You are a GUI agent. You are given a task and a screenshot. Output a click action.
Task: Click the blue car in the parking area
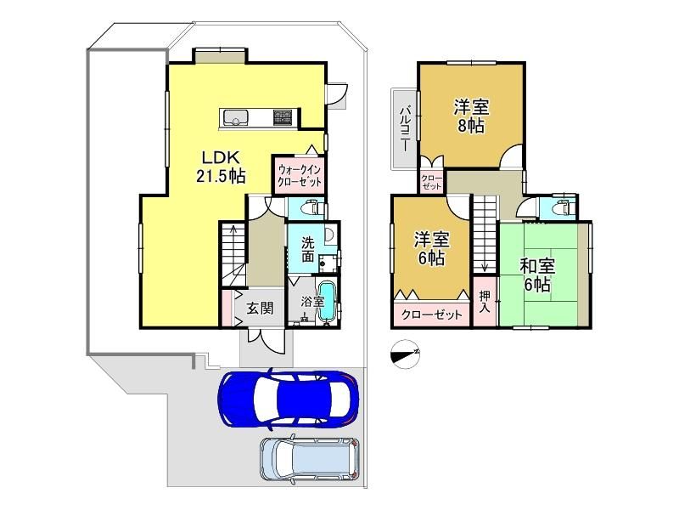(x=289, y=398)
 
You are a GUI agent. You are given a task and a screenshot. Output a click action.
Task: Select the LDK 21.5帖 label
(x=221, y=167)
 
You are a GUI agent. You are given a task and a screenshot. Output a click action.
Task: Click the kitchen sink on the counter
(x=235, y=117)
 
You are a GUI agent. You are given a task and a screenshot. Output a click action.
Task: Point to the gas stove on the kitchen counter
(x=283, y=117)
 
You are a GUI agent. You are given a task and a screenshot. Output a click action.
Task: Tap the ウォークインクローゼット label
(x=300, y=175)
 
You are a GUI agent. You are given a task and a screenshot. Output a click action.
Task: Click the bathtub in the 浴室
(x=327, y=302)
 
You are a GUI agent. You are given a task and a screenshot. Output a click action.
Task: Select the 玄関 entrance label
(x=260, y=309)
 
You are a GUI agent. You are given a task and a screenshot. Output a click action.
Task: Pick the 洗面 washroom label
(x=307, y=249)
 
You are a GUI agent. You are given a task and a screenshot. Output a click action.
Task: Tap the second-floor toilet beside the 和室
(x=564, y=207)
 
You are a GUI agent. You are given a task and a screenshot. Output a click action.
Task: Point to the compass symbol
(x=405, y=354)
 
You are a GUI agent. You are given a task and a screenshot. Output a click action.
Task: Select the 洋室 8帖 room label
(x=471, y=116)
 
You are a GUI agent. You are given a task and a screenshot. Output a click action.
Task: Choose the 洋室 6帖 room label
(x=432, y=249)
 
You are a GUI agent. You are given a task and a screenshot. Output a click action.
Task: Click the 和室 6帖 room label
(x=537, y=275)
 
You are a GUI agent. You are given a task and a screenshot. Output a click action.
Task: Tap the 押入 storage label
(x=485, y=303)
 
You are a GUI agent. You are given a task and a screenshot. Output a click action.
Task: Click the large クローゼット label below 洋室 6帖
(x=432, y=314)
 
